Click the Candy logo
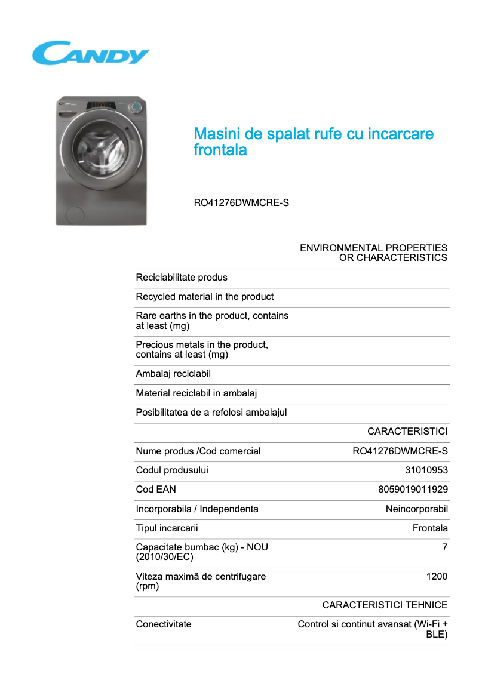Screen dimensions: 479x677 pyautogui.click(x=91, y=53)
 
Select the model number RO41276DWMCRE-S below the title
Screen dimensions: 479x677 pyautogui.click(x=241, y=203)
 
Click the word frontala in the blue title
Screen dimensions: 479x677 pyautogui.click(x=220, y=150)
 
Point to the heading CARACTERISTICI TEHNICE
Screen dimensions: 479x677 pyautogui.click(x=385, y=605)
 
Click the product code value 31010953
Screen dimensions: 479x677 pyautogui.click(x=426, y=470)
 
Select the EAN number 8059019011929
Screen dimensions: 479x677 pyautogui.click(x=413, y=490)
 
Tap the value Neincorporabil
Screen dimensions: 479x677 pyautogui.click(x=416, y=509)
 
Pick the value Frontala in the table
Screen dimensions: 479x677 pyautogui.click(x=430, y=528)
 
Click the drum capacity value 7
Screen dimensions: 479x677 pyautogui.click(x=444, y=547)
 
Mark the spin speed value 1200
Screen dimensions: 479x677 pyautogui.click(x=437, y=577)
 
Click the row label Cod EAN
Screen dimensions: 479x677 pyautogui.click(x=156, y=490)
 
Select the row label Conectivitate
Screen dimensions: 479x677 pyautogui.click(x=164, y=624)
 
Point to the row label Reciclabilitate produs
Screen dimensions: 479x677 pyautogui.click(x=182, y=278)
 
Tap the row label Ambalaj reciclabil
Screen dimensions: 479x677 pyautogui.click(x=173, y=374)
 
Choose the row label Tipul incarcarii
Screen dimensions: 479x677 pyautogui.click(x=167, y=528)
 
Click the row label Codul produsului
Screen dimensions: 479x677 pyautogui.click(x=172, y=470)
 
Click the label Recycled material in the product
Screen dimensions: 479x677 pyautogui.click(x=205, y=297)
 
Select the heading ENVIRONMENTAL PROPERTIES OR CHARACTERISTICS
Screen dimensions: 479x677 pyautogui.click(x=373, y=253)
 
